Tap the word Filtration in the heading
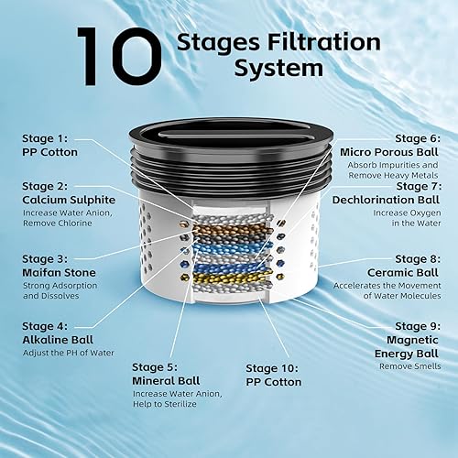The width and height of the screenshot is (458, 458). coord(326,42)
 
